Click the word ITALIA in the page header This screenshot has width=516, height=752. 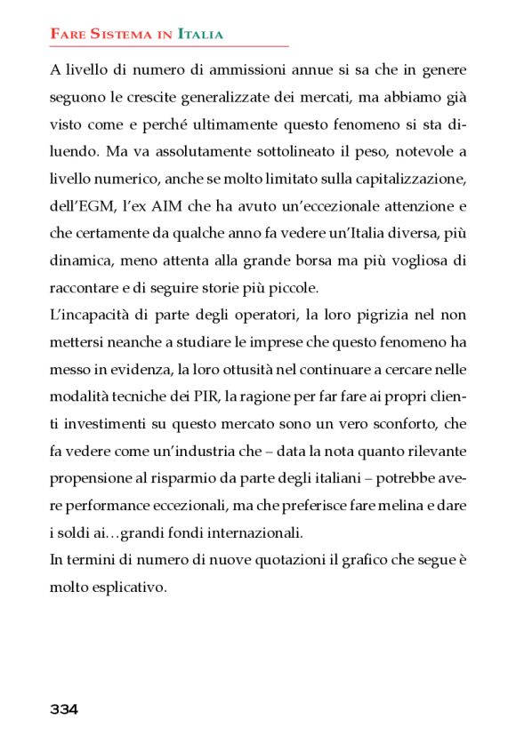click(x=200, y=35)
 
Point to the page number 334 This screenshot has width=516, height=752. click(x=64, y=709)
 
